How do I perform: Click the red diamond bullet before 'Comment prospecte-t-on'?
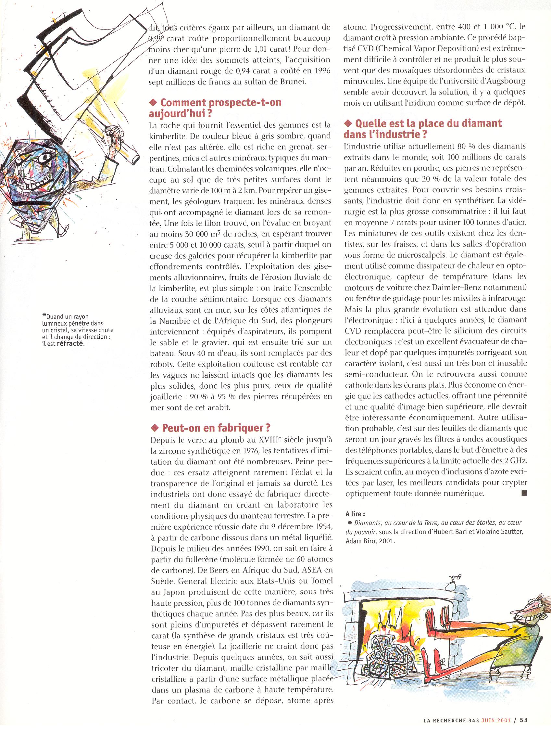(153, 103)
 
